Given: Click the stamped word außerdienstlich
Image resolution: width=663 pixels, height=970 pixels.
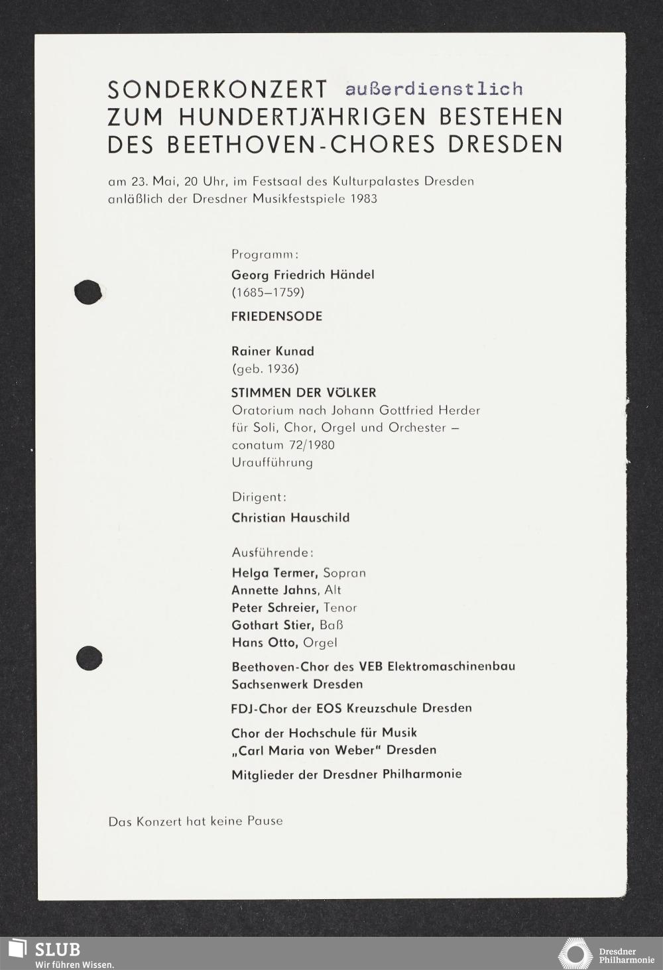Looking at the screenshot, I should coord(434,89).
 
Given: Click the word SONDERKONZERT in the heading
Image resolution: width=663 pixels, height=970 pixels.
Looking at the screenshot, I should coord(217,90).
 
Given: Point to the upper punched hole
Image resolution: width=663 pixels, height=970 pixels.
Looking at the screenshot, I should coord(88,292).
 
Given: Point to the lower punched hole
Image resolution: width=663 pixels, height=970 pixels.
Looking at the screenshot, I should coord(89,658).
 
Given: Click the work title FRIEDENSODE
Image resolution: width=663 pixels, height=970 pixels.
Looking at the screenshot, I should coord(276,316).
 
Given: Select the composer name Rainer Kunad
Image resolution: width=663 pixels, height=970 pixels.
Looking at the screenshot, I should coord(272,351).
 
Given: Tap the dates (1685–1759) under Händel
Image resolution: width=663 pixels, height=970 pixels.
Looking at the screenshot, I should coord(267,292).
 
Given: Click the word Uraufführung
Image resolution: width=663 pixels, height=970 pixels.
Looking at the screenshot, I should coord(272,462).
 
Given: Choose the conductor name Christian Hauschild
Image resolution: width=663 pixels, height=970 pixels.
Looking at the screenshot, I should coord(290,518).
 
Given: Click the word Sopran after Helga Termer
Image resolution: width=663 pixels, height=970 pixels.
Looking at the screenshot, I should coord(344,573).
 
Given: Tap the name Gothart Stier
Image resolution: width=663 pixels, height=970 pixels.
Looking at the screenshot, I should coord(272,625).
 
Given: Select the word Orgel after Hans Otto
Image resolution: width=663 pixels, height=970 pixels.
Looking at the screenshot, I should coord(320,642).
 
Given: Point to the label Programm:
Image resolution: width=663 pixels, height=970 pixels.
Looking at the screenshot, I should coord(265,254).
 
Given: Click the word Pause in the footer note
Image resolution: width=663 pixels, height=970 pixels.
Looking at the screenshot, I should coord(265,821).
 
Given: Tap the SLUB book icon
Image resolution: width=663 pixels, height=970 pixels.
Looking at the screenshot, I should coord(16,949).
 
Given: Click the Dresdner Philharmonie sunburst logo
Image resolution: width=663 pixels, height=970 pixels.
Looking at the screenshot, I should coord(575,954).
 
